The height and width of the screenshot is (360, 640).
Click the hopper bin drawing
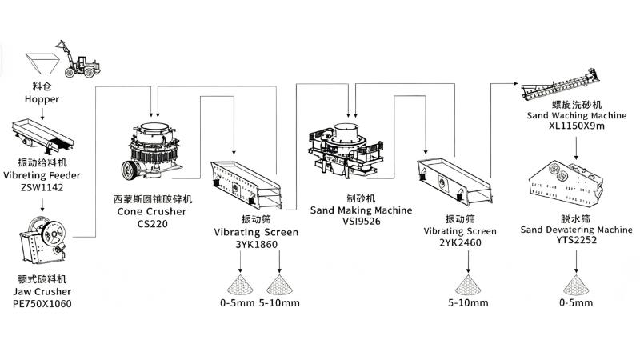tap(42, 63)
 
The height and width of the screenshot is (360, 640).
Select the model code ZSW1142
tap(42, 188)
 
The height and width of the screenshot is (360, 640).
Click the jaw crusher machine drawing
tap(43, 239)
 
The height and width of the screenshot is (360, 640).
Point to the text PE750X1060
tap(42, 304)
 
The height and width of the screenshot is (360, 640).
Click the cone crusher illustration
tap(152, 151)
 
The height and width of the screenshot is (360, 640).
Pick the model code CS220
tap(152, 224)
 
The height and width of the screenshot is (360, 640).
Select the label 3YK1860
tap(256, 245)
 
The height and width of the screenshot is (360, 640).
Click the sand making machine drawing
tap(346, 150)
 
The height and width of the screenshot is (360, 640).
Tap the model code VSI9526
tap(362, 222)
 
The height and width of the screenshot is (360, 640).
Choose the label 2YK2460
tap(461, 243)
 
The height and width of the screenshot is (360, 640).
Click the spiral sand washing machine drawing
tap(561, 85)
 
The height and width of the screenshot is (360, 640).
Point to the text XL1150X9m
tap(577, 126)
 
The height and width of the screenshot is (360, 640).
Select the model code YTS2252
tap(576, 241)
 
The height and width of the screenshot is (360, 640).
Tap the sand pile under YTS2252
tap(576, 285)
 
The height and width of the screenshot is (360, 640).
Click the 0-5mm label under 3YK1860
tap(237, 303)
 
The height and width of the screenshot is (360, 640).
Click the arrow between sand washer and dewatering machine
tap(576, 148)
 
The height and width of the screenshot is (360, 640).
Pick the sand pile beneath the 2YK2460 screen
tap(468, 285)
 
